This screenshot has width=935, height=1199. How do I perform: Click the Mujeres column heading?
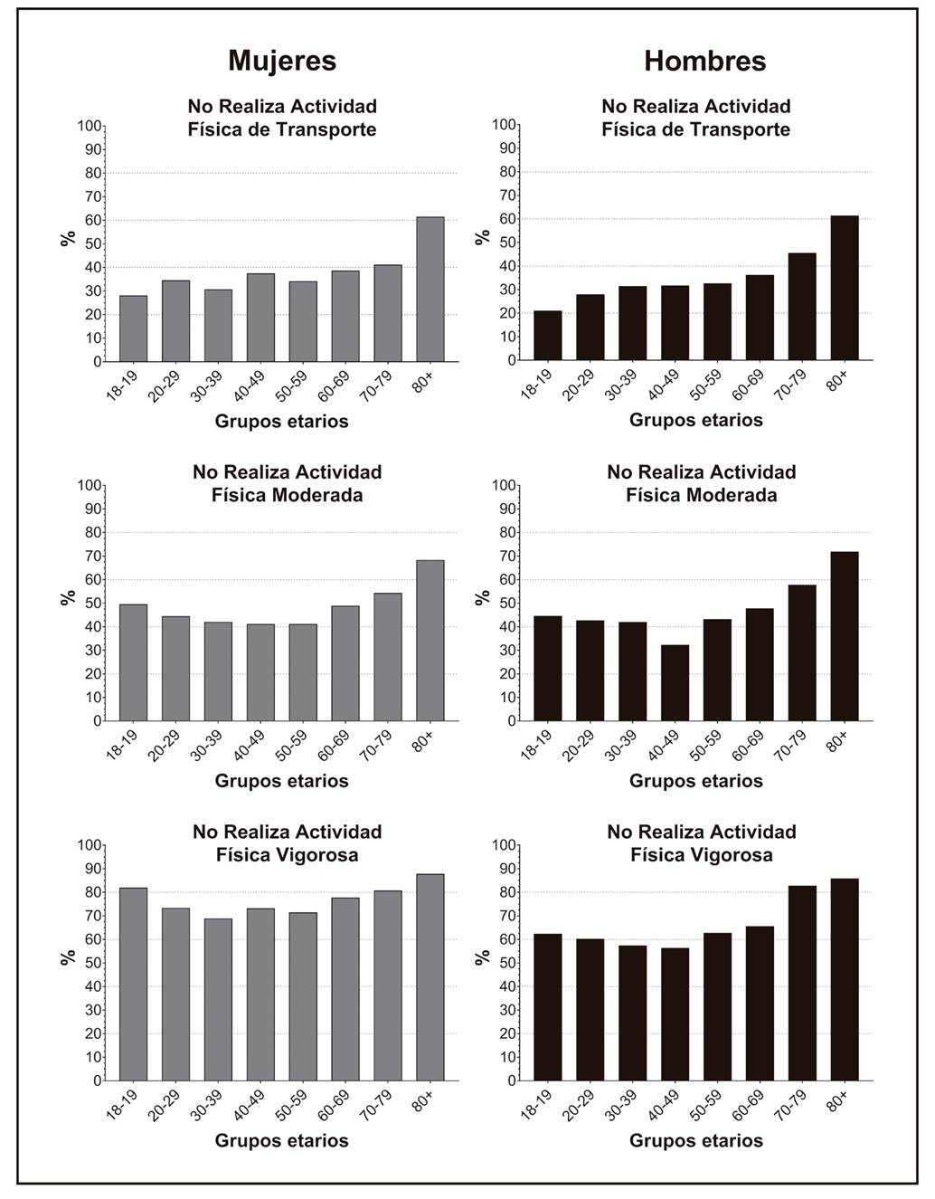click(x=282, y=61)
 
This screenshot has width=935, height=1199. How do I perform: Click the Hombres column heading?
click(x=704, y=61)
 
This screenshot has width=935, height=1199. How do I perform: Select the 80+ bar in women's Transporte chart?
click(x=430, y=289)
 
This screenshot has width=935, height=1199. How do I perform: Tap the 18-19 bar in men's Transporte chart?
click(x=547, y=336)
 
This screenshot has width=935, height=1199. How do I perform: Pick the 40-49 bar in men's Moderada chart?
click(x=675, y=683)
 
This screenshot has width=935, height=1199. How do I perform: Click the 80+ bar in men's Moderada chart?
click(x=845, y=636)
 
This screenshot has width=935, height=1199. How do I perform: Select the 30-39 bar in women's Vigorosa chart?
click(x=218, y=1000)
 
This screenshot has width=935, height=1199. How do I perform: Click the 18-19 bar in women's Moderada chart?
click(x=133, y=662)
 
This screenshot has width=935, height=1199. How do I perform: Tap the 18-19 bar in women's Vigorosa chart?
click(x=133, y=985)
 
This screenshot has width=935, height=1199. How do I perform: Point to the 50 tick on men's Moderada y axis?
click(x=507, y=604)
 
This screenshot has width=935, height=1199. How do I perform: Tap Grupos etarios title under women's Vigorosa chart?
click(x=281, y=1140)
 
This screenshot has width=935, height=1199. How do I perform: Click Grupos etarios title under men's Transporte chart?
click(x=695, y=420)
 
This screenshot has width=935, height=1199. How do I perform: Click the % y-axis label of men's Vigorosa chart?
click(x=483, y=956)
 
